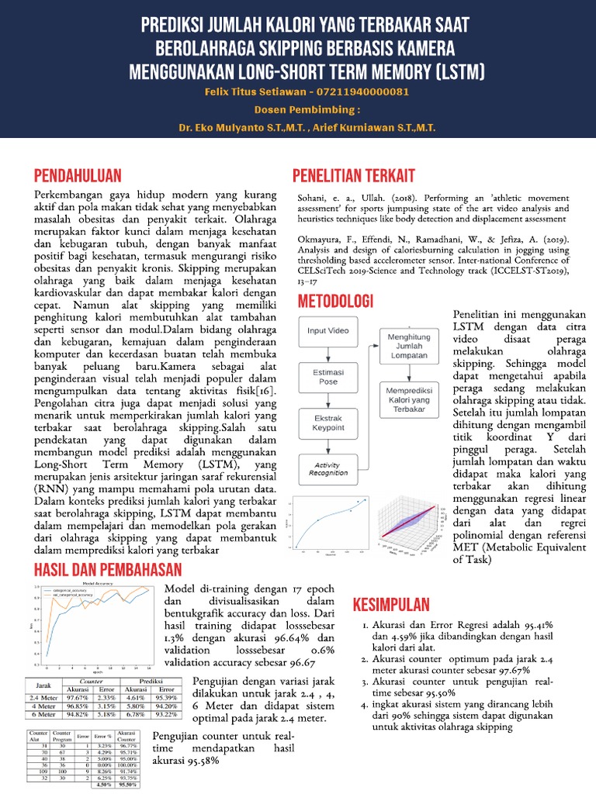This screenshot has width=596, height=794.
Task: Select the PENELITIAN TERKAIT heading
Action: (353, 174)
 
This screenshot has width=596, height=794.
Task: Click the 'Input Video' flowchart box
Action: (327, 331)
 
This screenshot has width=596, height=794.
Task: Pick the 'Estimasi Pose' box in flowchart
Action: (327, 378)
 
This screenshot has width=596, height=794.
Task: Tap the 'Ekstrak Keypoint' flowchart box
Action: (327, 423)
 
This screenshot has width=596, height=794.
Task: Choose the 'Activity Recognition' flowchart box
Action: (327, 468)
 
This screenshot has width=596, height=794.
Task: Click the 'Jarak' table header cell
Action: (43, 684)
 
